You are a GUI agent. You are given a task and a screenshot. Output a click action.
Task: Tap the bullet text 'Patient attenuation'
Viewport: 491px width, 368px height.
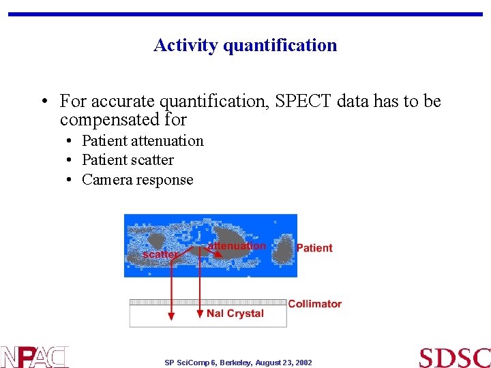[x=143, y=141]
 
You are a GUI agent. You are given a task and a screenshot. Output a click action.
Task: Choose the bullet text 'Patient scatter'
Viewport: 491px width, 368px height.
[x=128, y=160]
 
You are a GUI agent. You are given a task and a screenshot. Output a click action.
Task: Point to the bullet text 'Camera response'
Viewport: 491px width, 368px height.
[x=137, y=180]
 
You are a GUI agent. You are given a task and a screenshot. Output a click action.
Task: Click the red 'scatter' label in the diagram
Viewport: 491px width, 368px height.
[x=160, y=254]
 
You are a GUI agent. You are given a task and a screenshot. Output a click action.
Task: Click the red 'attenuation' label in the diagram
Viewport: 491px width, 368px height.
[x=237, y=245]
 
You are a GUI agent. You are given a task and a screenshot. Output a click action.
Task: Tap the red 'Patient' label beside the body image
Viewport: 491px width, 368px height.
[x=314, y=248]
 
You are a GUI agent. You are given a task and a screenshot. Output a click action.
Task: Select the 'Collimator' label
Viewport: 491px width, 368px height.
[x=314, y=304]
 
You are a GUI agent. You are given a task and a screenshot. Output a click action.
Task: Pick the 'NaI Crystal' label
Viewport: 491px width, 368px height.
[x=235, y=313]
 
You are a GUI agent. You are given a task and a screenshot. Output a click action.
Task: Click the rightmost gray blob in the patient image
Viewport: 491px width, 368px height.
[x=282, y=250]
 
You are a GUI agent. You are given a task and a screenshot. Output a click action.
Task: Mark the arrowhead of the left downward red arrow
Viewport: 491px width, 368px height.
[x=171, y=315]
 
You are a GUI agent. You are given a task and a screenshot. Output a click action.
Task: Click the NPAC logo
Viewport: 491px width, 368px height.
[x=34, y=356]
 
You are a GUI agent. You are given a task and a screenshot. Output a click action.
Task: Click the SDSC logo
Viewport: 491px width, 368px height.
[x=454, y=358]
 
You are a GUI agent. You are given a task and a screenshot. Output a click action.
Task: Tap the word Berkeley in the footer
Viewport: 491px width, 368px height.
[x=234, y=363]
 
